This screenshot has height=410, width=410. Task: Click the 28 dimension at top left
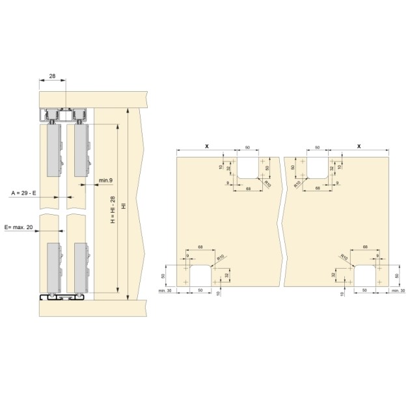[x=53, y=76]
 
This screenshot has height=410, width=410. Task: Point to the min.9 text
[x=106, y=179]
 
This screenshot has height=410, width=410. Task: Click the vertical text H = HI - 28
[x=112, y=209]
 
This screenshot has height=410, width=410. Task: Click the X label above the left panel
[x=206, y=148]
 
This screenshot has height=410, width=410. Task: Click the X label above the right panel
[x=358, y=148]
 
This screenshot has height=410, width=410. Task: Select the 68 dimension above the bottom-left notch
[x=200, y=247]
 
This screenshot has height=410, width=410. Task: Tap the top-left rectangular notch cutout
[x=247, y=168]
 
